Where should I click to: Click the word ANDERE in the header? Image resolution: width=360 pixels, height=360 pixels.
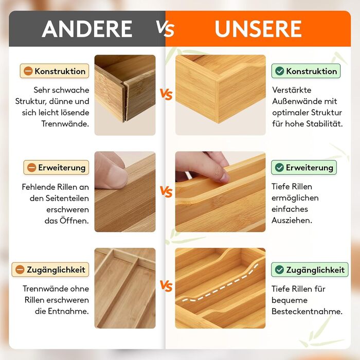87,29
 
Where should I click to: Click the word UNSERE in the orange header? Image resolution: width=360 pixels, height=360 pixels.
258,29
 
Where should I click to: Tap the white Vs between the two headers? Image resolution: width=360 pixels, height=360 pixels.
165,29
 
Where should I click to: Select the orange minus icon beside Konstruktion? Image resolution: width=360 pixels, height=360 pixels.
28,71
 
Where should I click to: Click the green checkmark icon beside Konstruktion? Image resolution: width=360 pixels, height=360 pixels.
279,71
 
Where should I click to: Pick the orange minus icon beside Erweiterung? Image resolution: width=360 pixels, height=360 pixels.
32,167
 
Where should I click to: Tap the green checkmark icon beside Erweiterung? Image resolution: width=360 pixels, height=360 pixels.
279,167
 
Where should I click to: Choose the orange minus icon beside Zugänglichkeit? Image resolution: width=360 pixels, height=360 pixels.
20,269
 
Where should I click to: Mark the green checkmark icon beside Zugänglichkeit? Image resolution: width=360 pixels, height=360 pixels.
279,269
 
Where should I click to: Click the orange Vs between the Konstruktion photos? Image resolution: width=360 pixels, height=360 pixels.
166,94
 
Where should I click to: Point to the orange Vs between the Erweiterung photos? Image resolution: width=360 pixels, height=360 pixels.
166,192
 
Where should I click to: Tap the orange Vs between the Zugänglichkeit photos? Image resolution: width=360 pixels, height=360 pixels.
166,286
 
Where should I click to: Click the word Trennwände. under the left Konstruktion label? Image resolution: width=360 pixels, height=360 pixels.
65,124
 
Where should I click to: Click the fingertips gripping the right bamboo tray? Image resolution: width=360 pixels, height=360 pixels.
213,171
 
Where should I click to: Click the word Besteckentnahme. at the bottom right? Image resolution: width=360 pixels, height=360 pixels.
307,311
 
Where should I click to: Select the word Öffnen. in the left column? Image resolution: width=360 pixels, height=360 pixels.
74,221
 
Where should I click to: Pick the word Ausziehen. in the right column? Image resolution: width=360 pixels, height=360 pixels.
292,221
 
